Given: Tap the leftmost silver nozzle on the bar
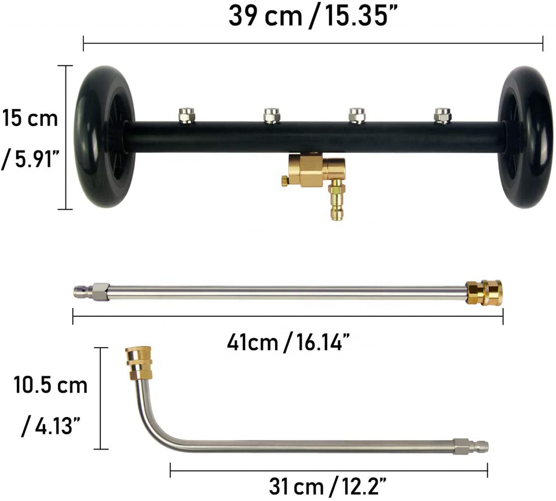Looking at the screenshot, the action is tap(187, 115).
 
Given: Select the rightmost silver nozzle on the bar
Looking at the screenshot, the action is tap(442, 116).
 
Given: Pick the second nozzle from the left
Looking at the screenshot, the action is tap(272, 116).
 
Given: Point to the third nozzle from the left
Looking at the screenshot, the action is tap(357, 116).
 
